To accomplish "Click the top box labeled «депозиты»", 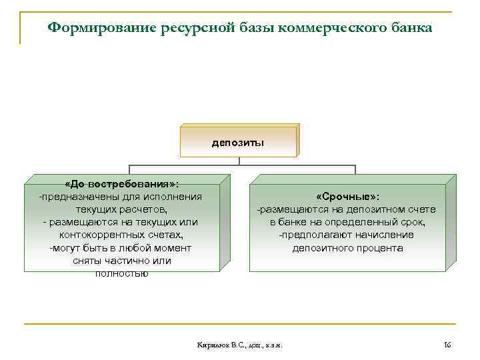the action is click(238, 142).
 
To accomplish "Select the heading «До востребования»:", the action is click(121, 184).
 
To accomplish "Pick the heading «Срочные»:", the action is click(347, 197).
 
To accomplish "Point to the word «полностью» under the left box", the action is click(121, 273).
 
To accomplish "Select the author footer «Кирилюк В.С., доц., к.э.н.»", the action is click(241, 345).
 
